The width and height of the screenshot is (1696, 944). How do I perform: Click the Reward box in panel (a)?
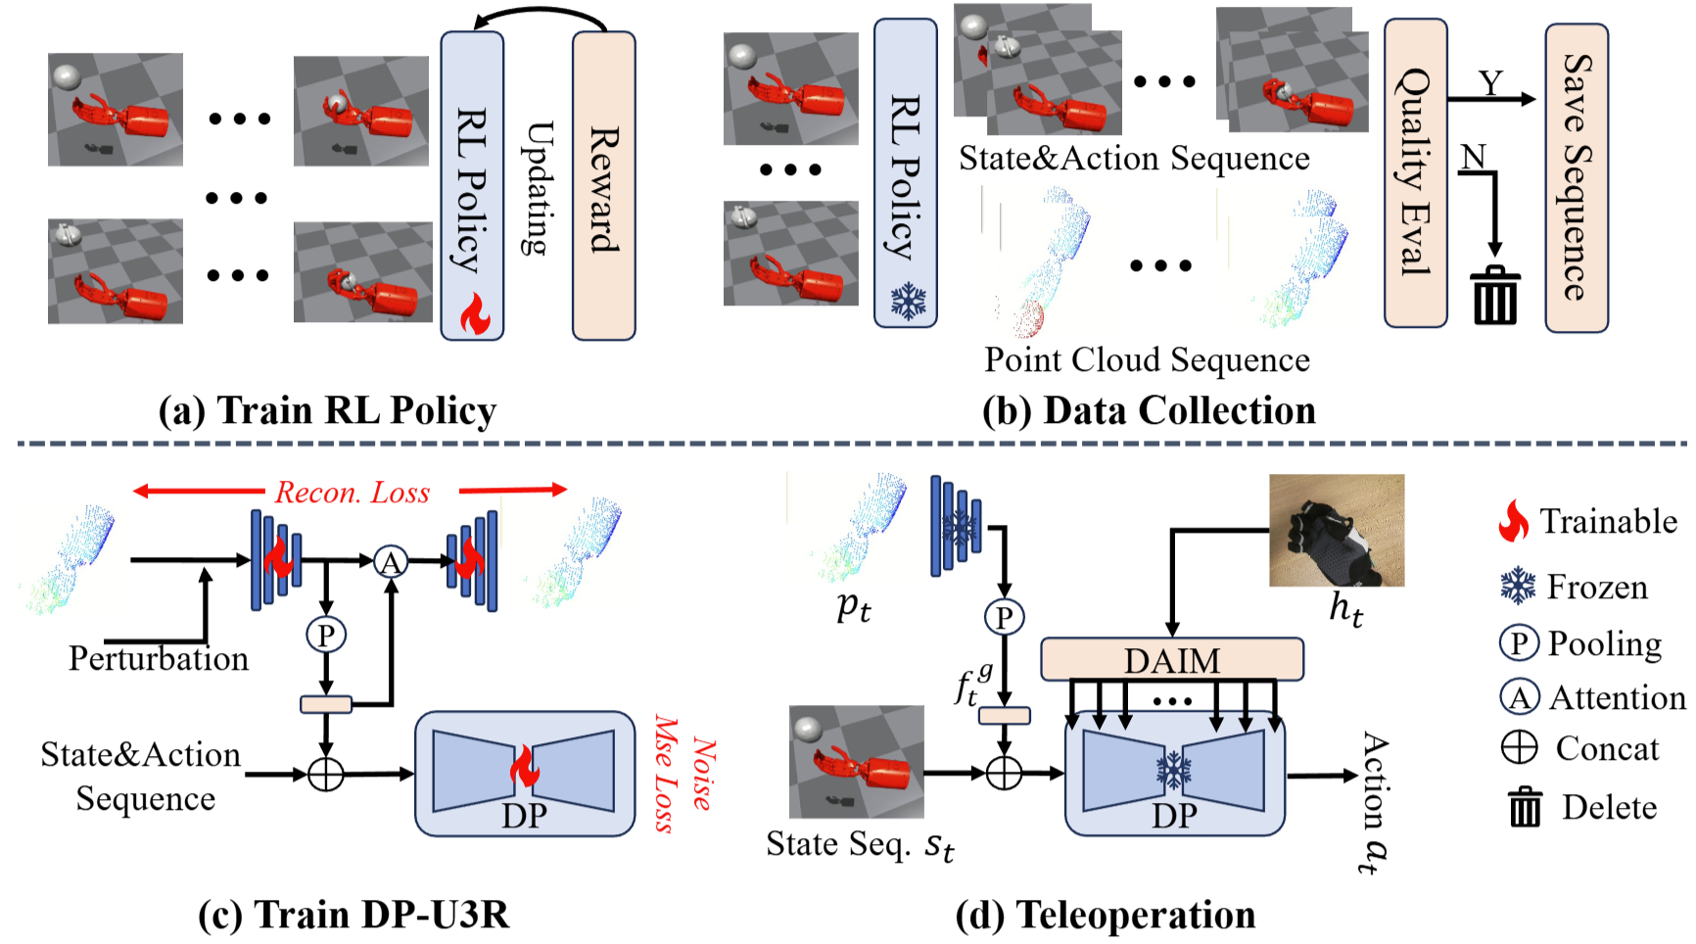[x=603, y=186]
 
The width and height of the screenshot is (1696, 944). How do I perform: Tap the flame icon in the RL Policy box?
[x=475, y=313]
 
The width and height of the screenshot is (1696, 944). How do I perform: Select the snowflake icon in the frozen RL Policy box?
[x=908, y=302]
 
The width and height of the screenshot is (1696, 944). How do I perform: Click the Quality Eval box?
[x=1415, y=172]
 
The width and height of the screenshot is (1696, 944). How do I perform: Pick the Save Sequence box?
[x=1576, y=178]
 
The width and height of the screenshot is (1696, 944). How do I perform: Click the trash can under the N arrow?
[x=1495, y=295]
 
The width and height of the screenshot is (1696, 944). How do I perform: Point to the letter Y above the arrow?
[x=1490, y=82]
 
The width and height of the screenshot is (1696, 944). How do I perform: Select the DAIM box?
[x=1171, y=660]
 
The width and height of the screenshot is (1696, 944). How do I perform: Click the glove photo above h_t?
[x=1337, y=531]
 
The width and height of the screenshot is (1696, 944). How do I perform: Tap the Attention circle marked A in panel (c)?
[x=391, y=562]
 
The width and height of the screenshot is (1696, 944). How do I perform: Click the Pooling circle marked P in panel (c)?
[x=326, y=635]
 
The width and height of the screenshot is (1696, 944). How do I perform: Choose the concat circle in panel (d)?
[x=1004, y=773]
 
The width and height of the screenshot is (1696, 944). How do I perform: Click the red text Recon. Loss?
[x=352, y=492]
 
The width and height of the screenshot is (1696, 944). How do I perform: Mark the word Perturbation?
[x=159, y=658]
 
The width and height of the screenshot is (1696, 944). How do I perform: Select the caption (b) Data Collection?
[x=1149, y=410]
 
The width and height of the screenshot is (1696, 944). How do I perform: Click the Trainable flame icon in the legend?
[x=1514, y=521]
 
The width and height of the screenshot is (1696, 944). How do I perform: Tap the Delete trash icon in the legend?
[x=1524, y=807]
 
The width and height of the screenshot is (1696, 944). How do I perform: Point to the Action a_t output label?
[x=1373, y=802]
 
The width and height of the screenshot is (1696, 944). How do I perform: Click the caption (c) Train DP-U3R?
[x=353, y=915]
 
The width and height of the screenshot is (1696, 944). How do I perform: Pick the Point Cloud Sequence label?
[x=1147, y=359]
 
